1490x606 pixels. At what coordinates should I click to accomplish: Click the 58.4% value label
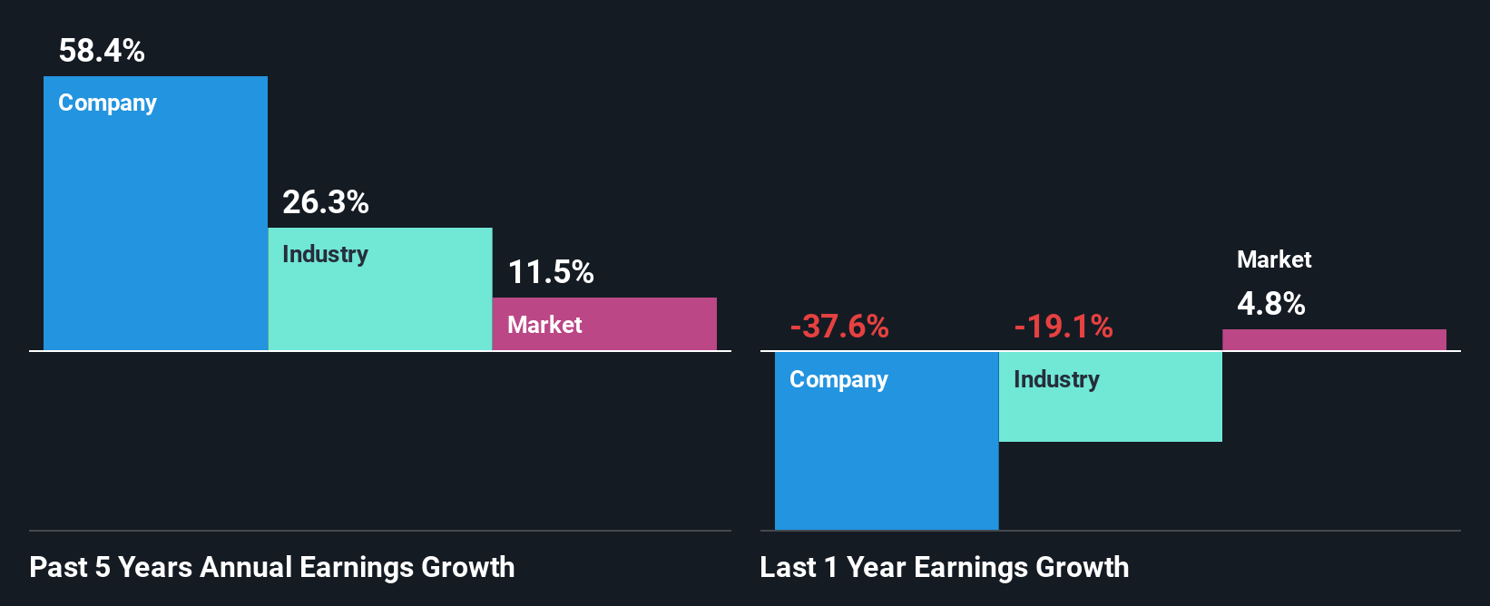coord(102,51)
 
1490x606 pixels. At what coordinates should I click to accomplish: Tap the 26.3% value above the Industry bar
coord(325,202)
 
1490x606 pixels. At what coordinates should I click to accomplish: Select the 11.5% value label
coord(550,272)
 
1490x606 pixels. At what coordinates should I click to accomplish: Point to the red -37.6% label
coord(839,327)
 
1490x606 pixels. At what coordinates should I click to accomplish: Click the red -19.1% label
coord(1064,327)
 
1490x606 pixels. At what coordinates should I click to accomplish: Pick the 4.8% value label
coord(1270,304)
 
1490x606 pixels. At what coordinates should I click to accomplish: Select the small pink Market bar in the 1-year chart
coord(1334,340)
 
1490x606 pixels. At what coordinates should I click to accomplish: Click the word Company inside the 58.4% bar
coord(107,103)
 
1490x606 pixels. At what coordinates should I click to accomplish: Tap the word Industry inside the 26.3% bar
coord(325,255)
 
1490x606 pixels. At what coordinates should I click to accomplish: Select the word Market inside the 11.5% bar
coord(544,325)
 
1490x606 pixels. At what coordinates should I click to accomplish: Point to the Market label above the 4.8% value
coord(1274,260)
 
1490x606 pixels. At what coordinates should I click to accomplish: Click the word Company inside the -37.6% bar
coord(838,380)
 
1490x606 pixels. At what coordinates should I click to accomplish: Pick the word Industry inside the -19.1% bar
coord(1056,380)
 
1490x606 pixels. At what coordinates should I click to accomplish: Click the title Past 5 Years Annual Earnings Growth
coord(272,568)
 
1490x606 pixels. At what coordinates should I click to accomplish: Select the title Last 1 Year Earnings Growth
coord(945,568)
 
